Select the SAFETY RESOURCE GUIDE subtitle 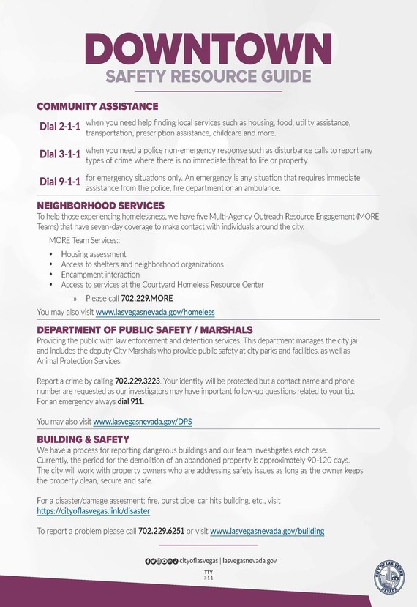[x=208, y=77]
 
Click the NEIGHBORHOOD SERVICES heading [x=100, y=206]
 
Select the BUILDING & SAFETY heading [x=83, y=439]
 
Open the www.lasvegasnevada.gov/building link [x=267, y=531]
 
